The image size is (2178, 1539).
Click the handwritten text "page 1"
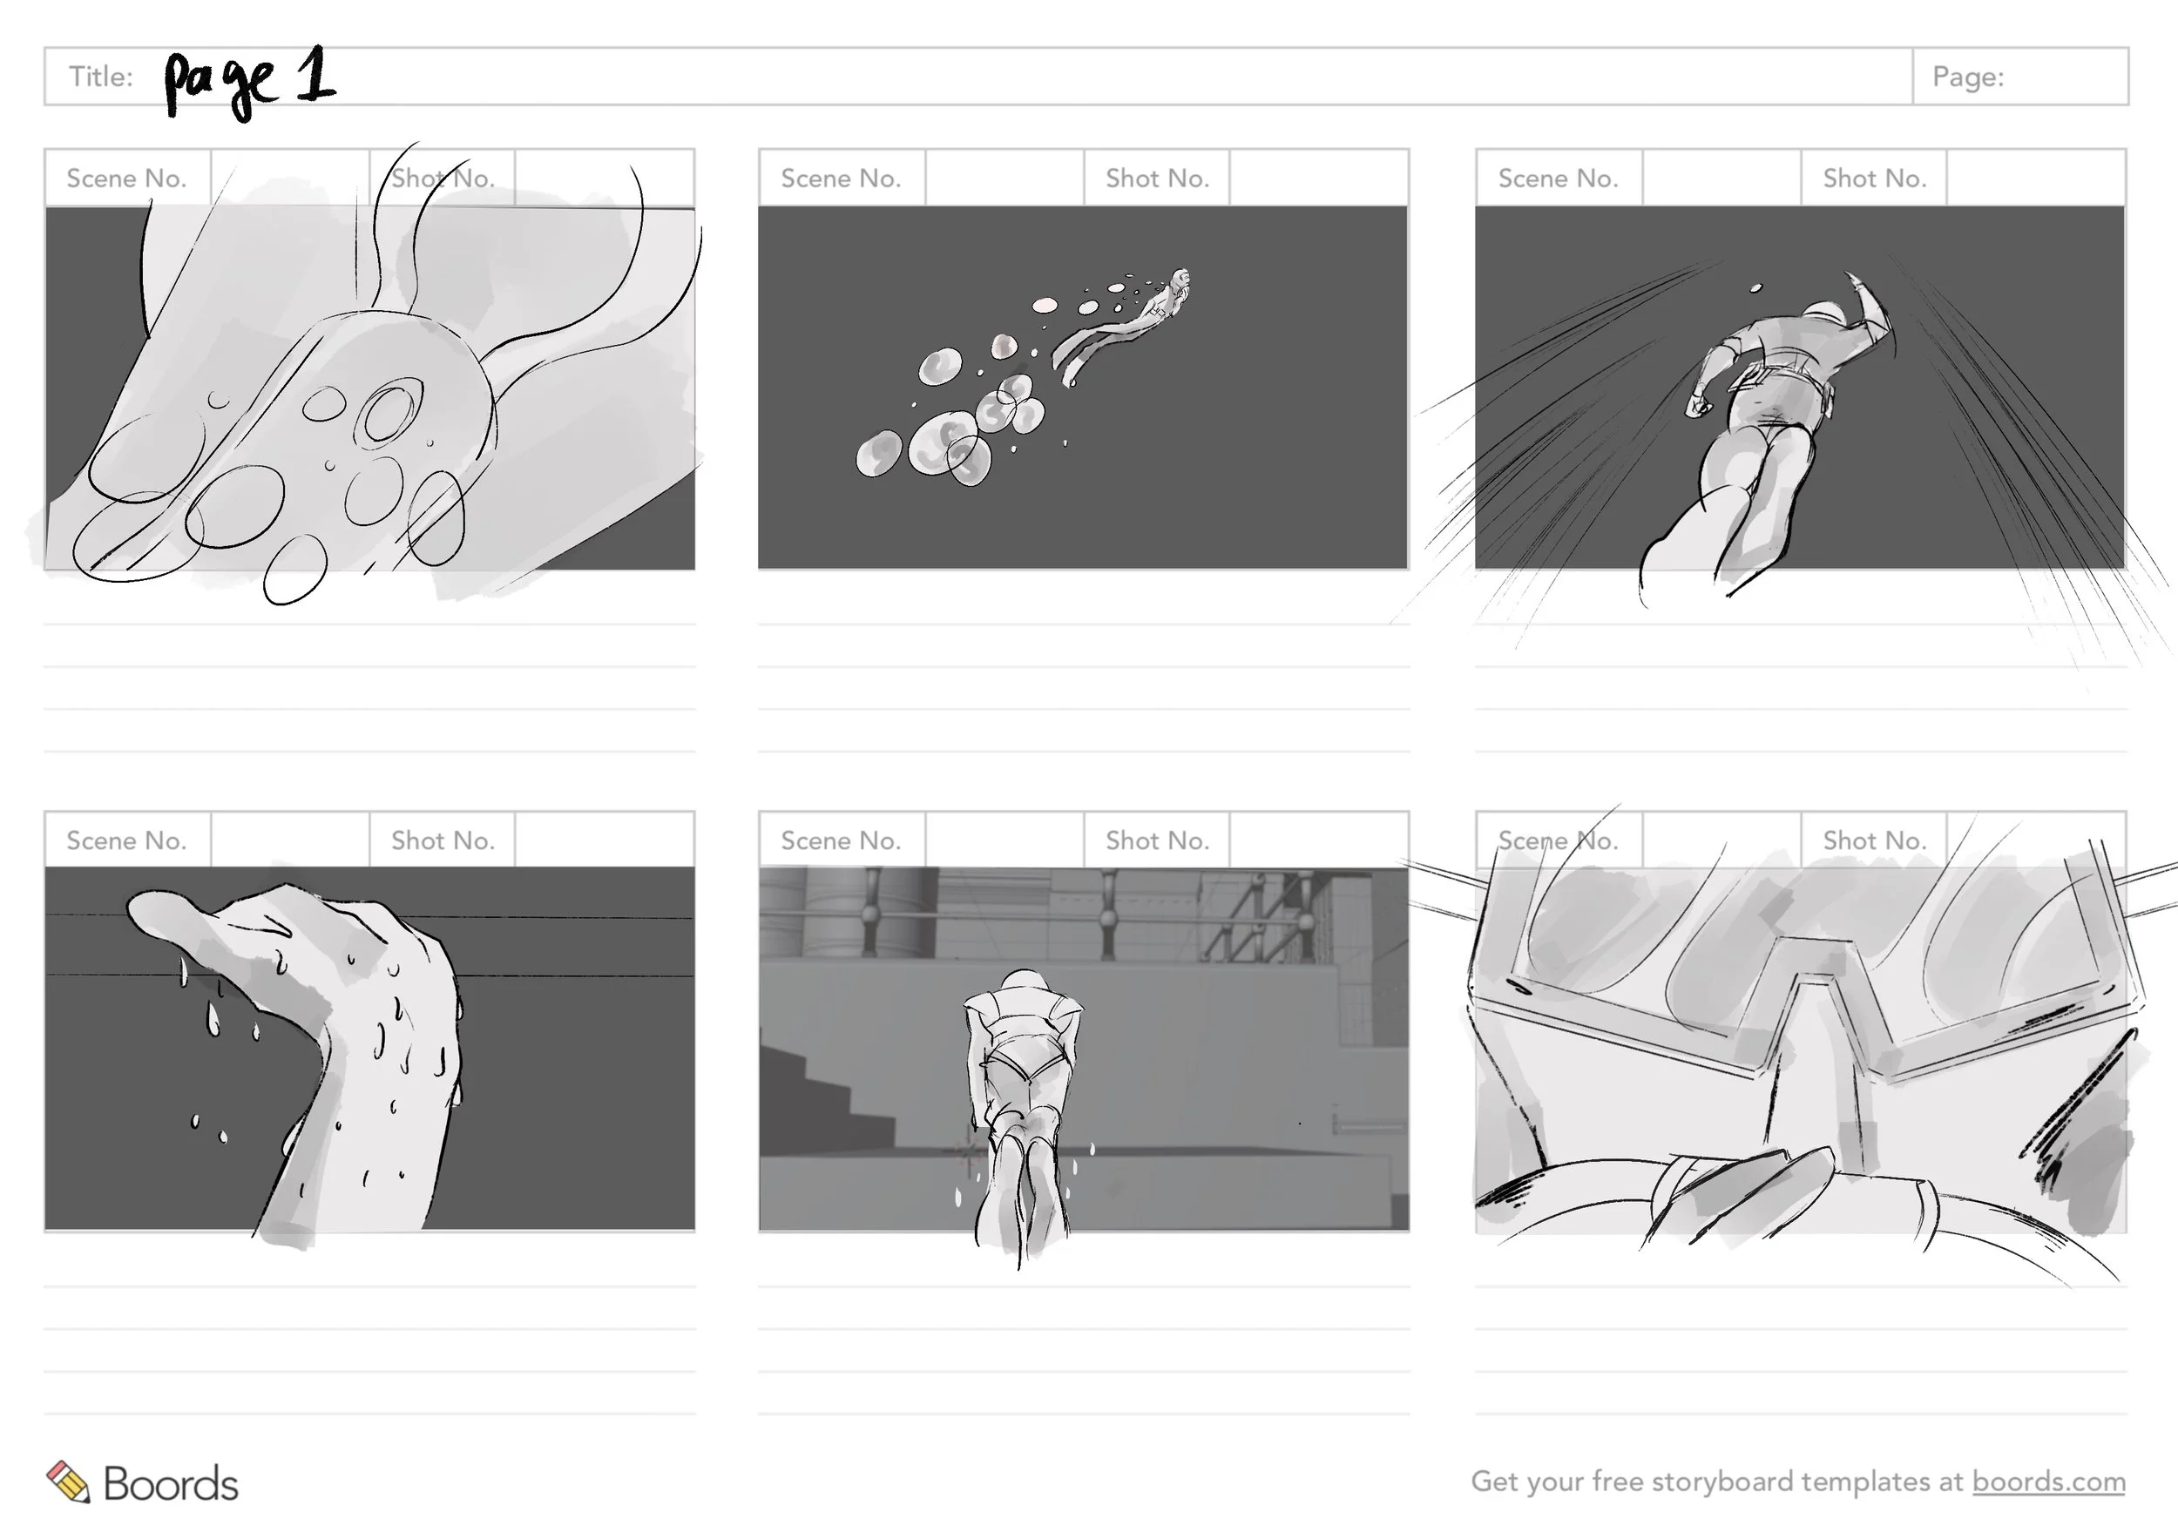(x=249, y=83)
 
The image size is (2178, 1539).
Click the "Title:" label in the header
(x=100, y=77)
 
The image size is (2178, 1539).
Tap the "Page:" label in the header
(x=1968, y=77)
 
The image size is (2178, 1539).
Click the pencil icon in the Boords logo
(x=68, y=1482)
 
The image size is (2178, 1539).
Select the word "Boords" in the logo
(x=171, y=1484)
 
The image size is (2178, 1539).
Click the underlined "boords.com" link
(x=2049, y=1482)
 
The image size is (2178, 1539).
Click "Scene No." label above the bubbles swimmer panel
(x=841, y=179)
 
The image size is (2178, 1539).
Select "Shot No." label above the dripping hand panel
(x=443, y=840)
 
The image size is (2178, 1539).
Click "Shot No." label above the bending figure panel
(x=1157, y=840)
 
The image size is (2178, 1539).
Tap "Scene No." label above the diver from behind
(x=1558, y=179)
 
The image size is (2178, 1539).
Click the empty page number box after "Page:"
(x=2068, y=77)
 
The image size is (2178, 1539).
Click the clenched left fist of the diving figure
(x=1697, y=406)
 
